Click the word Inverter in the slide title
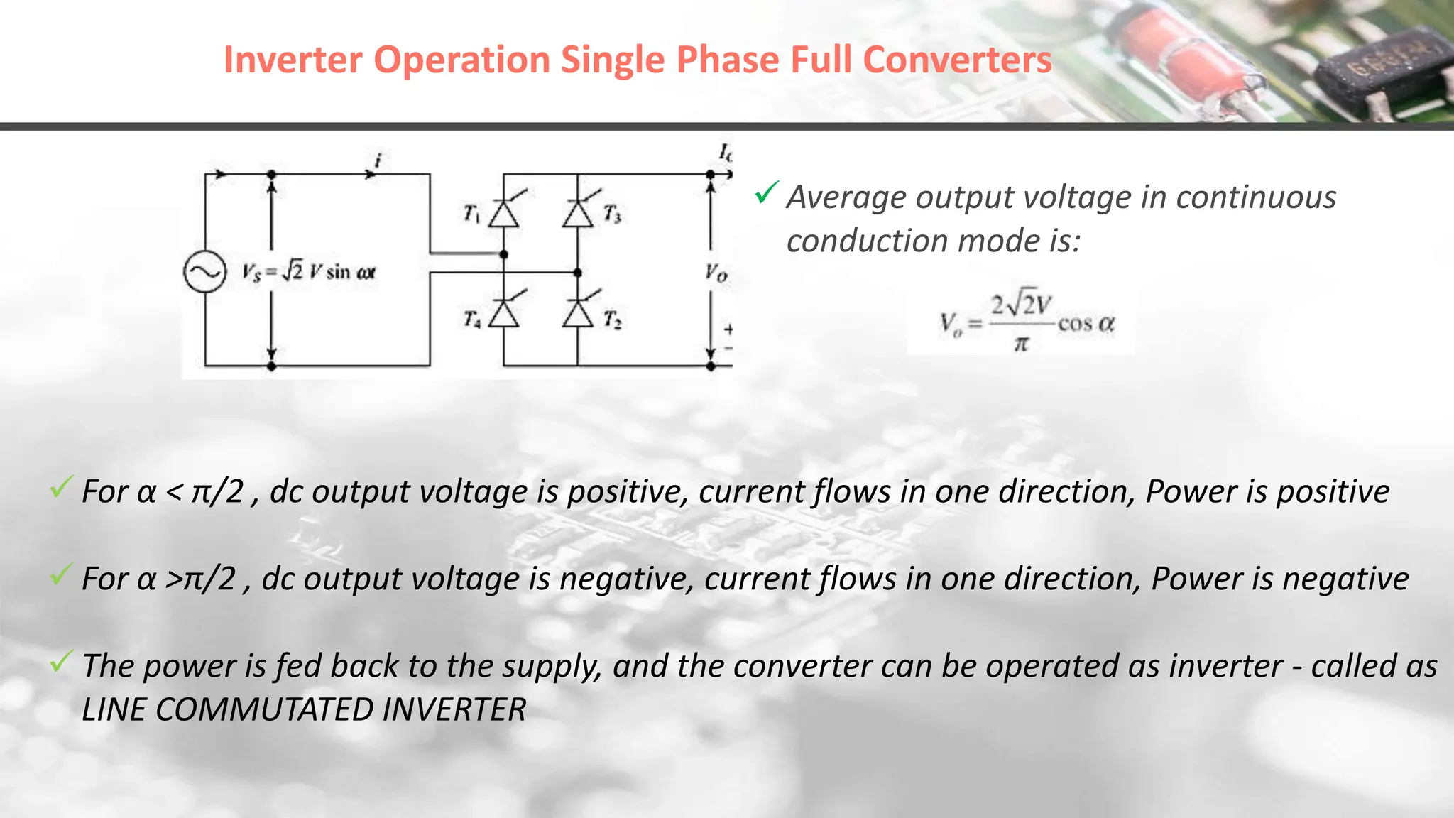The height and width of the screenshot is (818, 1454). (293, 60)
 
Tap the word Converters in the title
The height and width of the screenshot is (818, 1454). (957, 60)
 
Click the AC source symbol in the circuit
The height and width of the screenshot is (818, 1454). (204, 273)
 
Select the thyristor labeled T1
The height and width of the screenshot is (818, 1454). (504, 212)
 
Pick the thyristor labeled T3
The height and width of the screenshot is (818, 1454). (578, 212)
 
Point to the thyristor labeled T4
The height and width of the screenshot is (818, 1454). (504, 312)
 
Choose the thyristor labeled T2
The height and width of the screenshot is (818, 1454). (578, 312)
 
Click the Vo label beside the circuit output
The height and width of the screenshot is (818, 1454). (716, 273)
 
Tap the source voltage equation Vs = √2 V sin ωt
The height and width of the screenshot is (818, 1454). (308, 272)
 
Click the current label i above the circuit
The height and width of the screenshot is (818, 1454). (378, 161)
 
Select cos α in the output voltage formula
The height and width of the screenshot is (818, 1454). (1086, 324)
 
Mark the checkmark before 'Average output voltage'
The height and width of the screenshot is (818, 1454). (766, 192)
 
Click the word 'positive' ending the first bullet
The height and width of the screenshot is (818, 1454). (1333, 491)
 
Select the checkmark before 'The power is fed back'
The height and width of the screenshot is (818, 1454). (61, 662)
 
